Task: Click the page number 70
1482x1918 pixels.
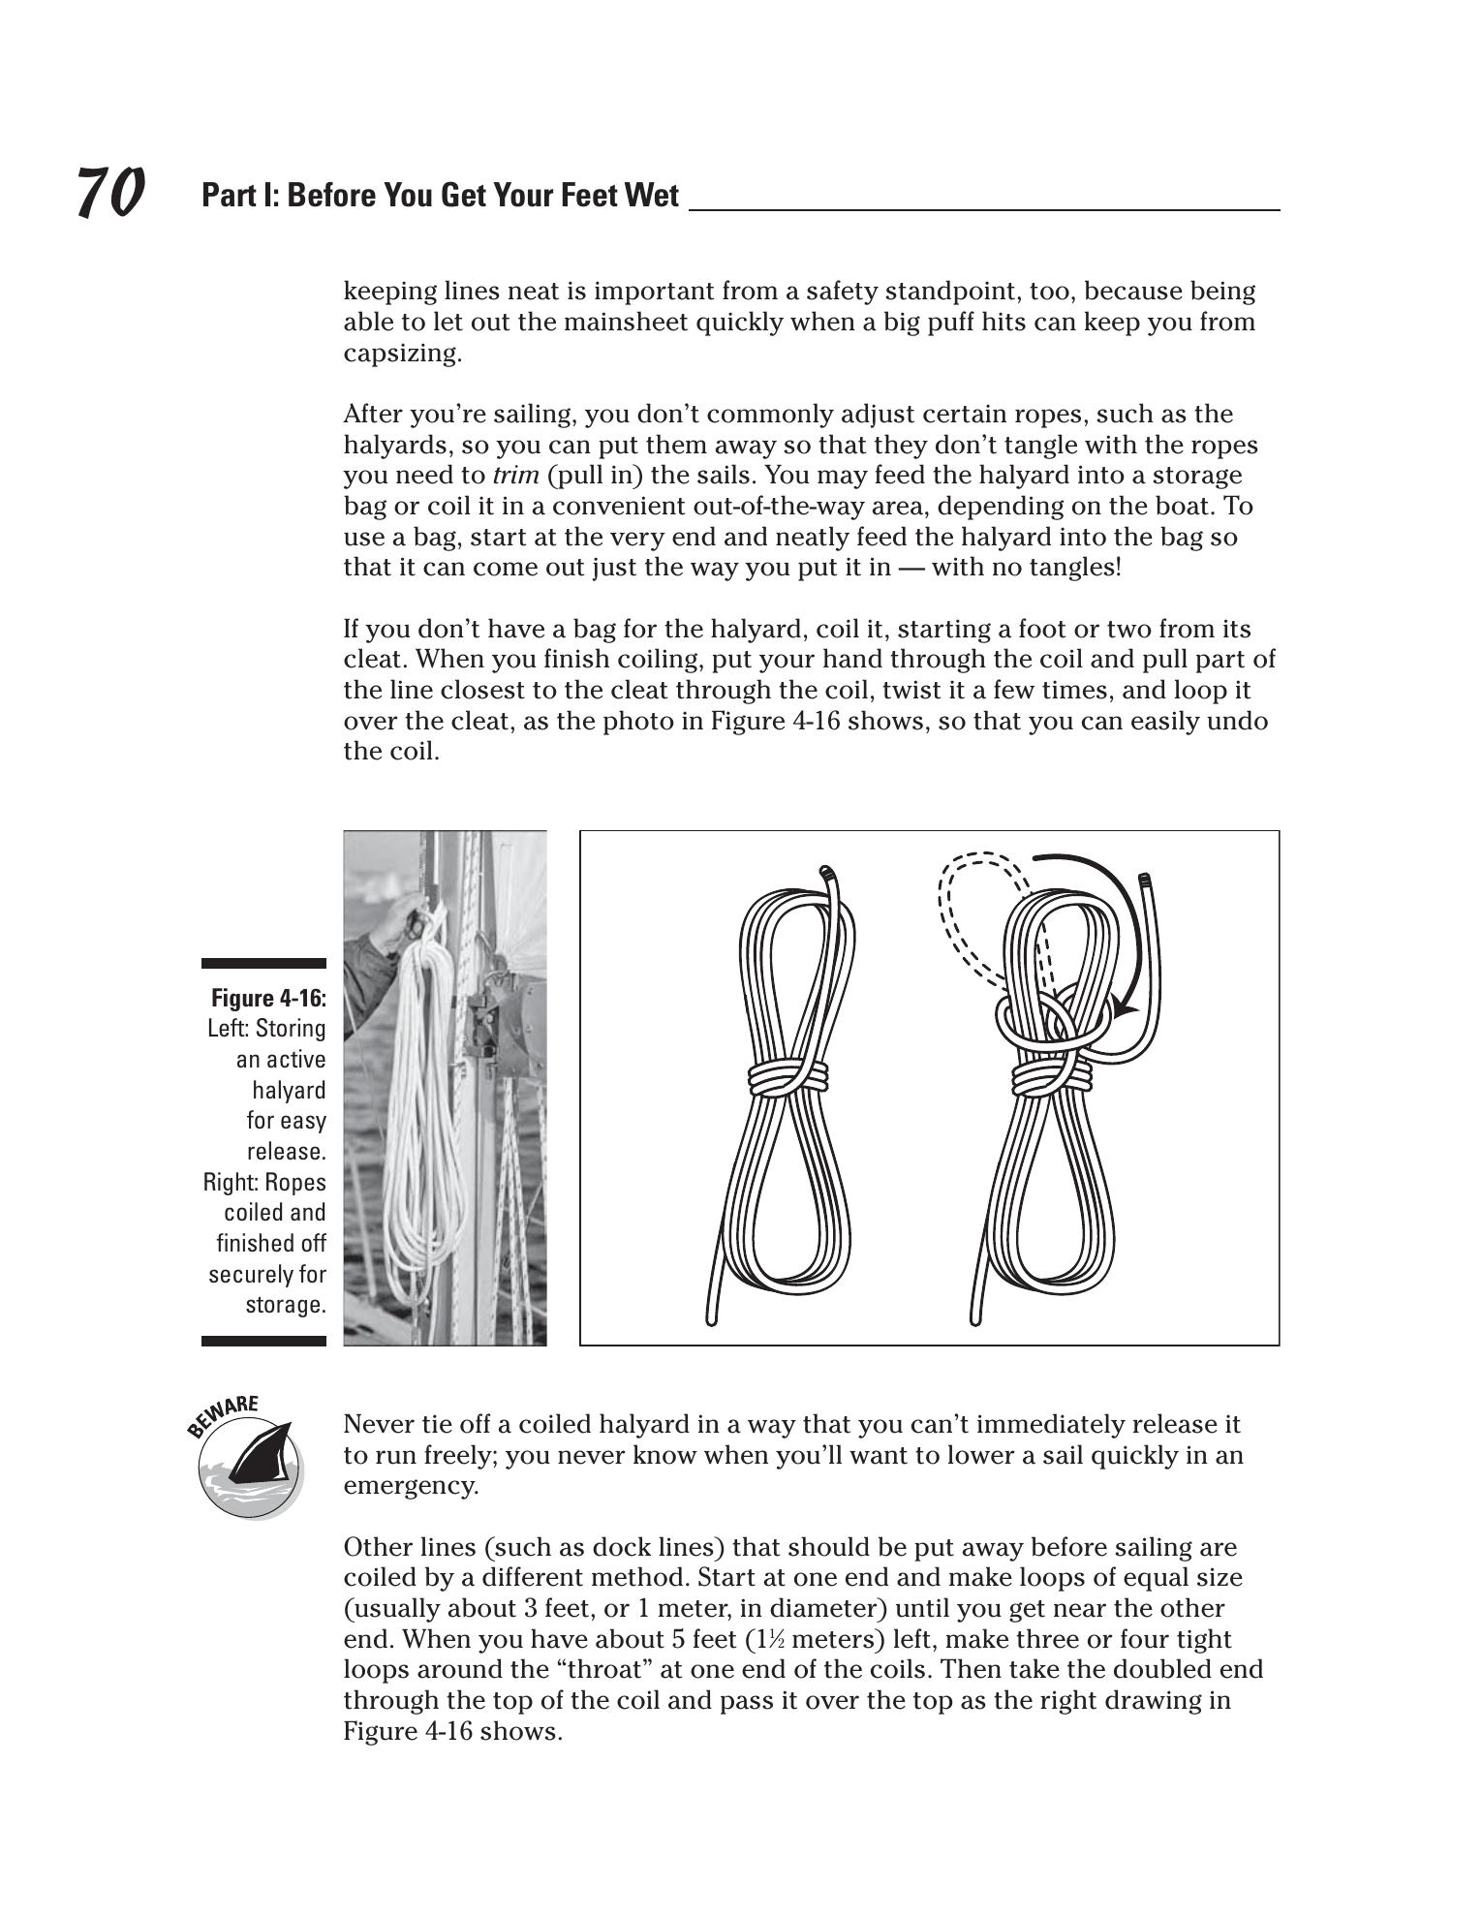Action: [x=109, y=192]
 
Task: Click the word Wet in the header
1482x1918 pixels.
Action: [x=653, y=196]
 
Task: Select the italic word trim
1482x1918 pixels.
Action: [x=515, y=476]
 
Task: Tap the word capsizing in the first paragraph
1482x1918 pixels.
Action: [x=402, y=354]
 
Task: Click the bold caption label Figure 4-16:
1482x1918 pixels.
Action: [x=268, y=998]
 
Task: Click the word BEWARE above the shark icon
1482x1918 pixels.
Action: [x=224, y=1414]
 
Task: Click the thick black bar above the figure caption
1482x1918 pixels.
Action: [x=263, y=964]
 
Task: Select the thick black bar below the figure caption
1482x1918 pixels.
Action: [x=263, y=1341]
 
